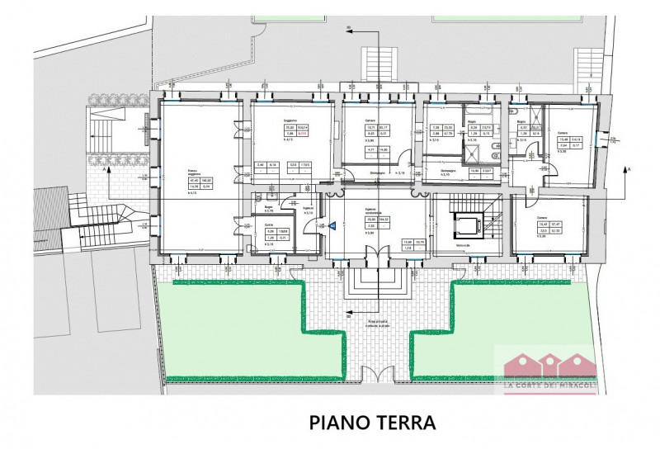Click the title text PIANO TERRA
(x=371, y=423)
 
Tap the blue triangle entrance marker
(x=332, y=224)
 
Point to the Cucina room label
(x=269, y=225)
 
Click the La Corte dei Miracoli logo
(x=545, y=368)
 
